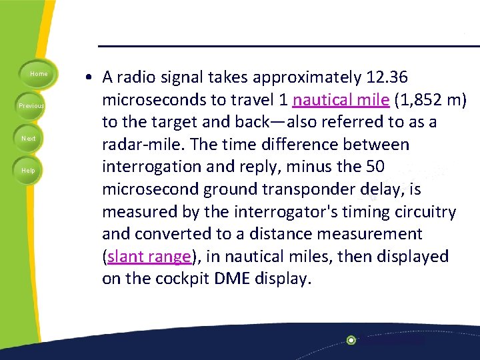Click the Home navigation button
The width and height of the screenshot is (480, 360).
point(39,73)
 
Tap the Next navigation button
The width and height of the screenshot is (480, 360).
point(29,138)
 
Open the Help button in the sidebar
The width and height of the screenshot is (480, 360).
point(29,170)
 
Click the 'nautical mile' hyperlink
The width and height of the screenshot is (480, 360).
point(341,100)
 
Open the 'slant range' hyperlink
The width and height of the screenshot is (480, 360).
point(149,257)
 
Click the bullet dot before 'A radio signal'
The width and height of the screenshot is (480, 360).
point(89,78)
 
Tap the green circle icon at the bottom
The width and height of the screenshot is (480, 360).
point(351,340)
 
